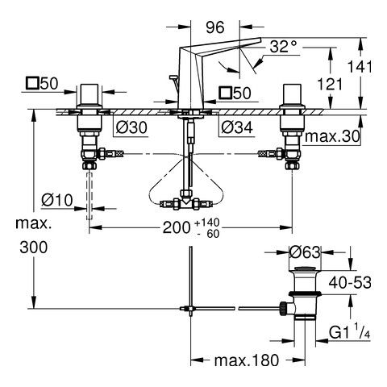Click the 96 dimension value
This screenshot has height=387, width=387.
tap(214, 27)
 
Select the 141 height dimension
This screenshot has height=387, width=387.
tap(360, 66)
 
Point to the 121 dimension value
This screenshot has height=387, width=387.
tap(330, 85)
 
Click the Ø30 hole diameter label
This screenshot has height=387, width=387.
tap(131, 127)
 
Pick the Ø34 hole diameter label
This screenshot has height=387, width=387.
tap(237, 127)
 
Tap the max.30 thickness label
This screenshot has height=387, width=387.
tap(332, 136)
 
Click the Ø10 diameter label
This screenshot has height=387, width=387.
tap(57, 200)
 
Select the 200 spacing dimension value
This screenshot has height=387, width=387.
tap(177, 228)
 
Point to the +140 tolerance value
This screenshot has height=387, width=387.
tap(207, 223)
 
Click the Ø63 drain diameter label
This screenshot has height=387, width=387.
tap(306, 252)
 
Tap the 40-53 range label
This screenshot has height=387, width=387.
tap(350, 282)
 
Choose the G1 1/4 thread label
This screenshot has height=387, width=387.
tap(350, 332)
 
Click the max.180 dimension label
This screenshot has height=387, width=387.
tap(247, 360)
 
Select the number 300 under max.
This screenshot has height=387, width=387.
tap(34, 248)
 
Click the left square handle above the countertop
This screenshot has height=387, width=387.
tap(89, 95)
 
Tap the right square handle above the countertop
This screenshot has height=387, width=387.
tap(292, 95)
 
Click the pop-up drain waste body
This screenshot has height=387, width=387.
tap(305, 294)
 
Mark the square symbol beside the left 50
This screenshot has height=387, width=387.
tap(32, 83)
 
